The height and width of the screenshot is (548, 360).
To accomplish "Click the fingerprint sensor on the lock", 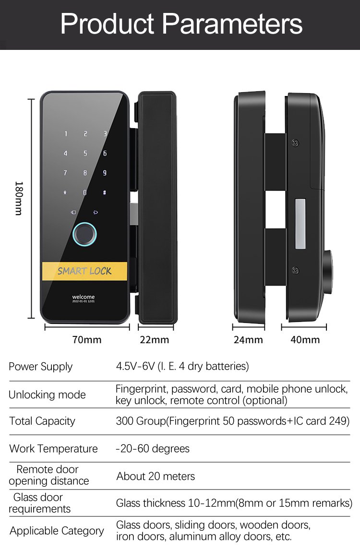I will pyautogui.click(x=84, y=235).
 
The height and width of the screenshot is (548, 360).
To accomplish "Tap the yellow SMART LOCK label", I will pyautogui.click(x=84, y=271).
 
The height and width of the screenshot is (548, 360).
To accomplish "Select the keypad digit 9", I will pyautogui.click(x=105, y=173).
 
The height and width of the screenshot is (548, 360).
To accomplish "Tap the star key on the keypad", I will pyautogui.click(x=65, y=193).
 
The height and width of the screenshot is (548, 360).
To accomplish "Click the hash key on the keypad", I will pyautogui.click(x=105, y=193).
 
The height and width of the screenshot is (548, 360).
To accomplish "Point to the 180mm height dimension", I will pyautogui.click(x=19, y=198).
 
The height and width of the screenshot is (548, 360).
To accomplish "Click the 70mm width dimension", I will pyautogui.click(x=87, y=340).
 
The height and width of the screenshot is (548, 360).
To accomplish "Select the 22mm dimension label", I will pyautogui.click(x=155, y=340).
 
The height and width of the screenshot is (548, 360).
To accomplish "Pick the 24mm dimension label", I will pyautogui.click(x=248, y=340).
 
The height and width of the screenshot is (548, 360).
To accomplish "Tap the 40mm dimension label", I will pyautogui.click(x=305, y=340).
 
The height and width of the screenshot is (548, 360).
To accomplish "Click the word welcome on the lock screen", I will pyautogui.click(x=84, y=297).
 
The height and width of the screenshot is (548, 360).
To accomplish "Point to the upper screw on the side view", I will pyautogui.click(x=296, y=143).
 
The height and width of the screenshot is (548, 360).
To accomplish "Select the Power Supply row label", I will pyautogui.click(x=40, y=367).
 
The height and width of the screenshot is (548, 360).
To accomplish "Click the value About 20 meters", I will pyautogui.click(x=156, y=477).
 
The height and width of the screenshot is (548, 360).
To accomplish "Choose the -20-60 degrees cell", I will pyautogui.click(x=153, y=449).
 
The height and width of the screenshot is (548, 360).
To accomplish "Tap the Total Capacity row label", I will pyautogui.click(x=42, y=421).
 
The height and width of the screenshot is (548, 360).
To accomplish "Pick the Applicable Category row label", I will pyautogui.click(x=57, y=531).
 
